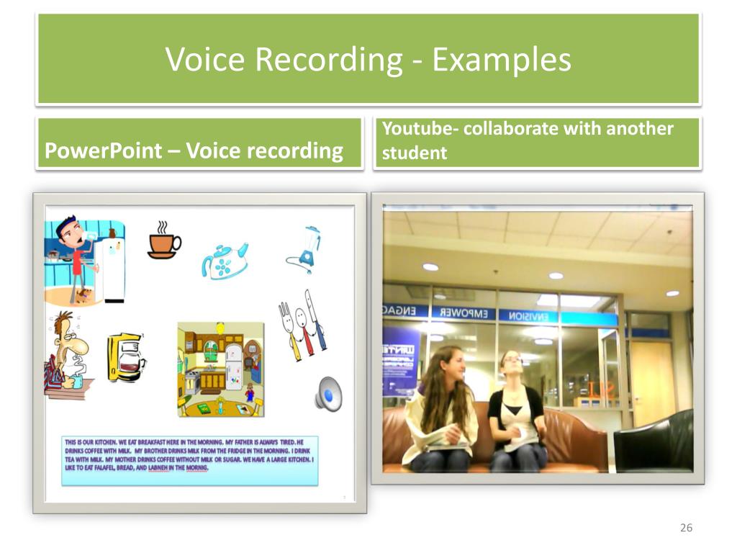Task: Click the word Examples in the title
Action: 502,59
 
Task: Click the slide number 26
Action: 686,529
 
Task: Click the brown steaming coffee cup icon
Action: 163,240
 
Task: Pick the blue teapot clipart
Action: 225,259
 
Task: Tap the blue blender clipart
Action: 305,249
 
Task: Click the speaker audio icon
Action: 327,393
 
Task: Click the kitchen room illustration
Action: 220,369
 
